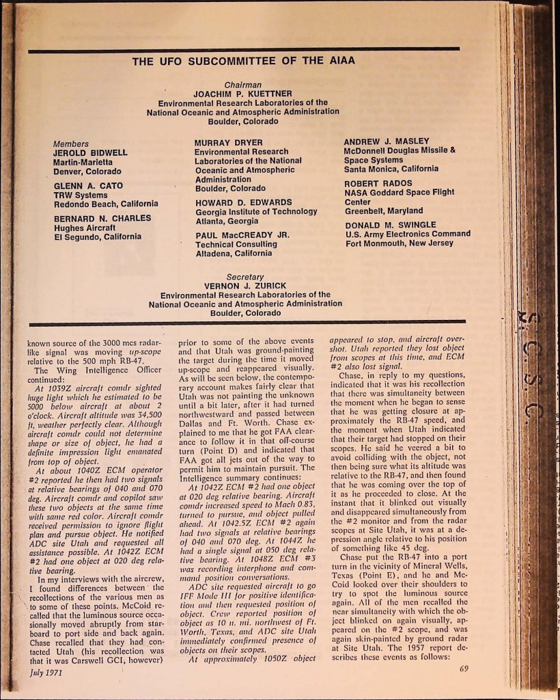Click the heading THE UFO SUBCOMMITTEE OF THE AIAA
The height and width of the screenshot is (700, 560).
(x=244, y=61)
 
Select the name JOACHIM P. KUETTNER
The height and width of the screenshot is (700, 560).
(x=243, y=94)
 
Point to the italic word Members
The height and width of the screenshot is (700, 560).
(x=70, y=144)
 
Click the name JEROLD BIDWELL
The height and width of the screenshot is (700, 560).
(x=90, y=153)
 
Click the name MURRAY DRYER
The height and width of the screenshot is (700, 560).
(x=224, y=144)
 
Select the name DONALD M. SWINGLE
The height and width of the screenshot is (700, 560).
(x=390, y=225)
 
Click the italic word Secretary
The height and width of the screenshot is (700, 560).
(x=244, y=277)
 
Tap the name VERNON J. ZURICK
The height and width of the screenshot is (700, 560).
(x=244, y=286)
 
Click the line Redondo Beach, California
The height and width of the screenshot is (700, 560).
(x=106, y=204)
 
